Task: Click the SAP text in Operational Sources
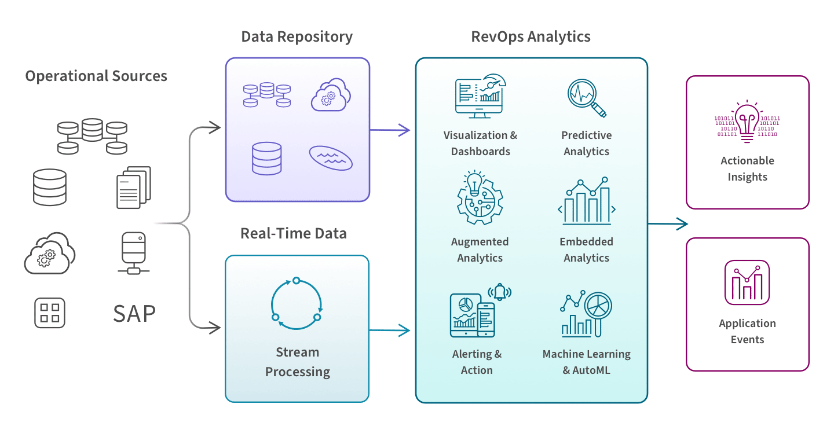[134, 314]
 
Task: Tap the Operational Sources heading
[96, 76]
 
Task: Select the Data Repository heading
[297, 37]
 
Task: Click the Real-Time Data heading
[293, 234]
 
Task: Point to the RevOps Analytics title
[531, 37]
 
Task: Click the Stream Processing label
[298, 362]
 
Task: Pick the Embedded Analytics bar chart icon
[587, 201]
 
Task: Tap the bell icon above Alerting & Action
[499, 292]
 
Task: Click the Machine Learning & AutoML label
[586, 362]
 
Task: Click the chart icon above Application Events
[747, 282]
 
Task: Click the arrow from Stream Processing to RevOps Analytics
[390, 331]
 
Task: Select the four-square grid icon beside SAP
[50, 313]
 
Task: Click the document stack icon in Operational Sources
[133, 188]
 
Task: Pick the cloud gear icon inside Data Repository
[330, 96]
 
